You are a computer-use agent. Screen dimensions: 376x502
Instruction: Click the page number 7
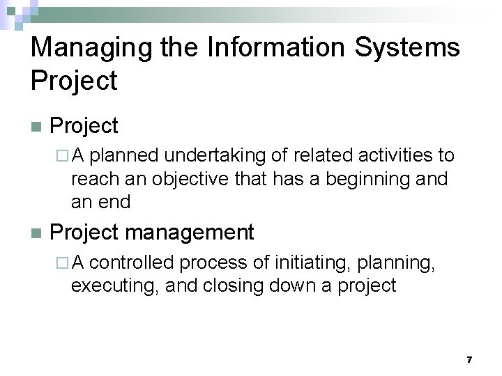coord(469,359)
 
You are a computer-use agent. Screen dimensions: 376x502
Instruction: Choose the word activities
coord(394,155)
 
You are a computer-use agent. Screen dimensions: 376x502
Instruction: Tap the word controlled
coord(132,263)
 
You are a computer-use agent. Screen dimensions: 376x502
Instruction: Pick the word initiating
coord(313,263)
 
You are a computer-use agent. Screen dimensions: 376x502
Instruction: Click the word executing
coord(114,285)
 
